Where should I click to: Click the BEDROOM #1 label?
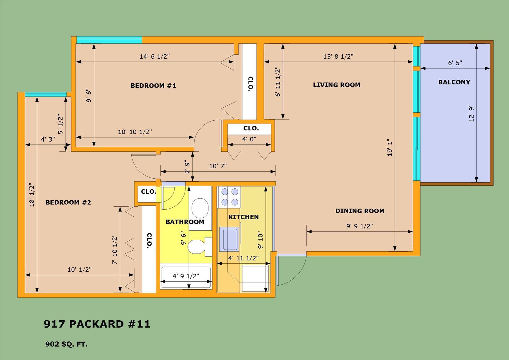tap(153, 86)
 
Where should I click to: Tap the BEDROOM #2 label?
tap(68, 202)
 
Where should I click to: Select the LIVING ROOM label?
tap(336, 85)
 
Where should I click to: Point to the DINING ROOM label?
tap(360, 211)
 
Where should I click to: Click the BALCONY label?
tap(454, 82)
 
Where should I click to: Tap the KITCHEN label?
tap(244, 217)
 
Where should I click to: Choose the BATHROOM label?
tap(185, 222)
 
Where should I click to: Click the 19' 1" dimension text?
tap(390, 148)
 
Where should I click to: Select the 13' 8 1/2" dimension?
tap(338, 56)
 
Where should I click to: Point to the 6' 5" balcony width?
tap(455, 63)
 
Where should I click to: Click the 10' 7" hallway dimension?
tap(218, 166)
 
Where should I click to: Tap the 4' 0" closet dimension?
tap(249, 139)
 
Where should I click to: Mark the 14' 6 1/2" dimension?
tap(155, 56)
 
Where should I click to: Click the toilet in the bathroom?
tap(200, 247)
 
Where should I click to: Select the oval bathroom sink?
tap(200, 208)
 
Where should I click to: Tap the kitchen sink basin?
tap(231, 239)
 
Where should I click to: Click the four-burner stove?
tap(230, 197)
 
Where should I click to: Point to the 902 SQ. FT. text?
tap(66, 344)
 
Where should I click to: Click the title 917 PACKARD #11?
tap(97, 324)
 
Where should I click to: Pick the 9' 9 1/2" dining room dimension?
tap(359, 226)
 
